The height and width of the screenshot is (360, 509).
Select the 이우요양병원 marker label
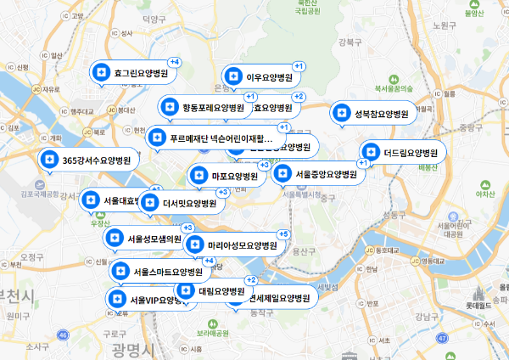(x=261, y=77)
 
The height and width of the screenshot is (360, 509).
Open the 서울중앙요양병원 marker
(x=317, y=174)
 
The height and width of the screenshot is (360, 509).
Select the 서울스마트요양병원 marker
(x=160, y=273)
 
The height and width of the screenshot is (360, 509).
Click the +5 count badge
(x=283, y=234)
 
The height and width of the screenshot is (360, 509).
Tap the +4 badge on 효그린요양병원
(x=175, y=62)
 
